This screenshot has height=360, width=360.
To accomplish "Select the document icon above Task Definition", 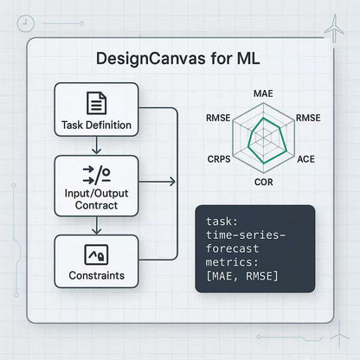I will pyautogui.click(x=96, y=103).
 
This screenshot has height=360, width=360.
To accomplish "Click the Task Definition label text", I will pyautogui.click(x=96, y=125).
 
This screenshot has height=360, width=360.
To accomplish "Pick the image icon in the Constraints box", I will pyautogui.click(x=96, y=254).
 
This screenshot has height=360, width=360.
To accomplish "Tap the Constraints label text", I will pyautogui.click(x=96, y=277).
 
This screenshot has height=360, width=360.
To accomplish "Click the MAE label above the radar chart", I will pyautogui.click(x=263, y=93).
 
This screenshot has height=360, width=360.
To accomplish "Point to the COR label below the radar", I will pyautogui.click(x=263, y=183).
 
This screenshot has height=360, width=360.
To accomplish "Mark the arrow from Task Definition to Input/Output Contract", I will pyautogui.click(x=96, y=148).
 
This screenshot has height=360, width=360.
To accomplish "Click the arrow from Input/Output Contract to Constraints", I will pyautogui.click(x=96, y=228).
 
